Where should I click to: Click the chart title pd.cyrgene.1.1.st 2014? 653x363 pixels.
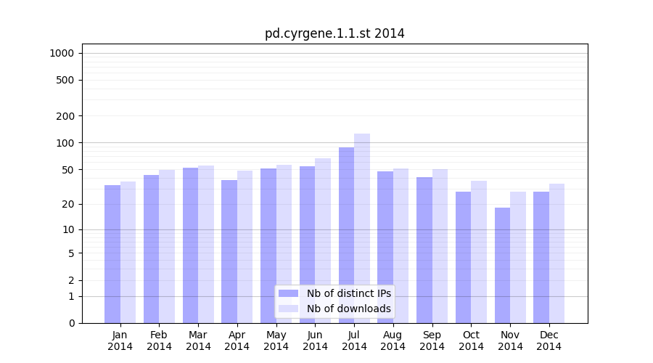(334, 33)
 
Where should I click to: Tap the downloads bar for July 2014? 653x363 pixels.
(362, 228)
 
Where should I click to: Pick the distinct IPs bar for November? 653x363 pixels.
(502, 265)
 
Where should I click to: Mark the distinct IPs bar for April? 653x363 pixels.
(229, 251)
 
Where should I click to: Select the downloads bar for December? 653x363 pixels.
(557, 253)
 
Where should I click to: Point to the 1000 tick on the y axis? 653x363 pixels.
(62, 53)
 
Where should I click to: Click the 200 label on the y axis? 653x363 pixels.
(65, 116)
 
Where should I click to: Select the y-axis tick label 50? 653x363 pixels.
(67, 170)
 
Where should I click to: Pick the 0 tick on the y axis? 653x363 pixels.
(71, 323)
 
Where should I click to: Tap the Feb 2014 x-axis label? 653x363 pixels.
(159, 340)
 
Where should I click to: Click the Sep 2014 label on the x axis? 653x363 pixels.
(432, 340)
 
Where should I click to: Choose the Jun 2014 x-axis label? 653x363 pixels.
(315, 340)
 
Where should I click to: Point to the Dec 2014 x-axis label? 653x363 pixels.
(549, 340)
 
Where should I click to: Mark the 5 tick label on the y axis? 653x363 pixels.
(71, 253)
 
